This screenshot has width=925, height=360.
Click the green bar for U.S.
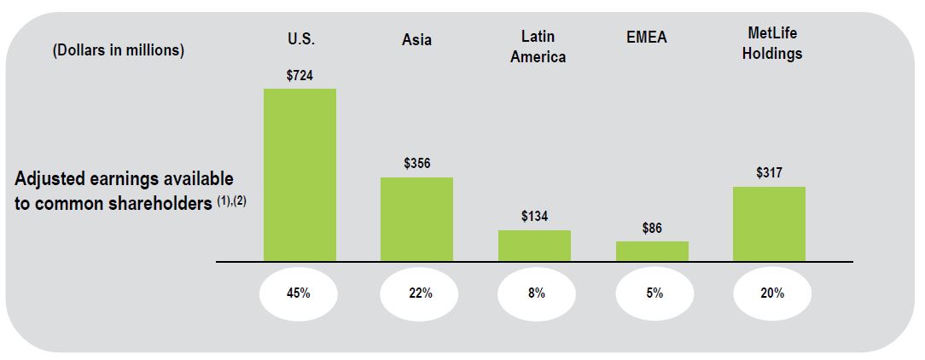pyautogui.click(x=300, y=175)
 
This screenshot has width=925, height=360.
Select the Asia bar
pyautogui.click(x=416, y=219)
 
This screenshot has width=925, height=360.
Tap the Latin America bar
pyautogui.click(x=534, y=246)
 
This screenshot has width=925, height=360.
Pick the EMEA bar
pyautogui.click(x=652, y=251)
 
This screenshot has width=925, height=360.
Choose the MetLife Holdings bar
pyautogui.click(x=769, y=224)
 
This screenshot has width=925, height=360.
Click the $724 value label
pyautogui.click(x=300, y=76)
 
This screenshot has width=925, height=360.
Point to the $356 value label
pyautogui.click(x=416, y=164)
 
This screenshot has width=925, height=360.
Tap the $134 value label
pyautogui.click(x=534, y=217)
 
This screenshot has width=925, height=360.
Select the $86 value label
pyautogui.click(x=652, y=228)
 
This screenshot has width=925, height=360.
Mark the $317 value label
pyautogui.click(x=769, y=173)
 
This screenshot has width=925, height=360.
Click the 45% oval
pyautogui.click(x=300, y=293)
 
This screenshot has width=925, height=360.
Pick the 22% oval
pyautogui.click(x=417, y=293)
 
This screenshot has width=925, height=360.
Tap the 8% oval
pyautogui.click(x=535, y=293)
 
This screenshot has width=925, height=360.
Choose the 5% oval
pyautogui.click(x=653, y=293)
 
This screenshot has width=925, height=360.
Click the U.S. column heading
pyautogui.click(x=300, y=38)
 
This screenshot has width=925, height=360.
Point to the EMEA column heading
pyautogui.click(x=646, y=38)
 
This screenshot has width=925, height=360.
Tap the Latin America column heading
pyautogui.click(x=538, y=47)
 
